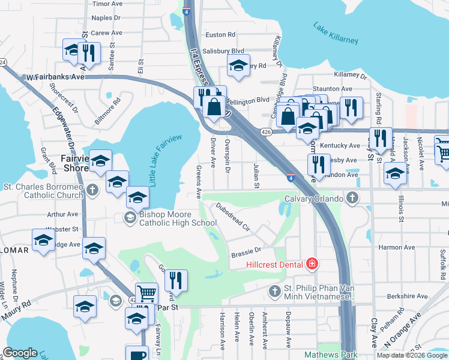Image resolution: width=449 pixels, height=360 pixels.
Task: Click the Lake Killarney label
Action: pos(335,33)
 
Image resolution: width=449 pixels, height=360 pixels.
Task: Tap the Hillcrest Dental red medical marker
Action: pos(312,263)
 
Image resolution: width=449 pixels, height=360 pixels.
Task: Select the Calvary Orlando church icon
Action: pos(354,198)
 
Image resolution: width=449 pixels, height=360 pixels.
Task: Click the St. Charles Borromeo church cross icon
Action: pos(92,191)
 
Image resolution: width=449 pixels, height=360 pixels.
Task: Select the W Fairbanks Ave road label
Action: pos(55,77)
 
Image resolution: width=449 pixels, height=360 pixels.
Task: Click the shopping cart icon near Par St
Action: pos(146,293)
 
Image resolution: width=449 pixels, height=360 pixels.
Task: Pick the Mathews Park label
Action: pos(330,355)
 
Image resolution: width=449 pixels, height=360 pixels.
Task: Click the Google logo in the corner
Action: pos(20,353)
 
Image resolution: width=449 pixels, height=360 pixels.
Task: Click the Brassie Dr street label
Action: pos(246,251)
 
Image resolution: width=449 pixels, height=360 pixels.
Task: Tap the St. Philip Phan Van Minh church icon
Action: pos(275,291)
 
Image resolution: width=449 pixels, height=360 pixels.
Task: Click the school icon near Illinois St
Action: pos(395,174)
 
